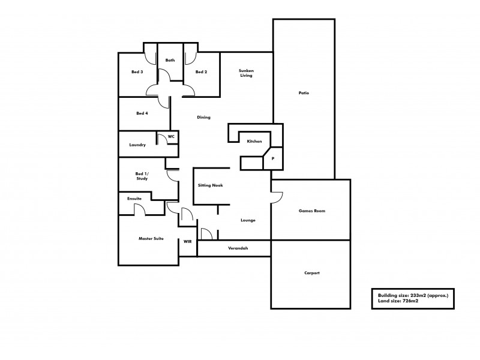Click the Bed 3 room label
tap(137, 72)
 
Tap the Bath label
tap(170, 60)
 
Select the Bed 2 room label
tap(202, 72)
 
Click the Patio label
tap(304, 93)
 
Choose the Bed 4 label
tap(142, 113)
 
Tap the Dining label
tap(203, 117)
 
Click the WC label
tap(171, 137)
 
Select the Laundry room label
tap(138, 145)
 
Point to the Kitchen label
tap(254, 141)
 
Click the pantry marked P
tap(273, 158)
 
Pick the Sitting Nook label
tap(211, 185)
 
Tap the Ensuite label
tap(134, 198)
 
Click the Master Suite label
tap(151, 239)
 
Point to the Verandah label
tap(238, 248)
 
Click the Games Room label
tap(312, 211)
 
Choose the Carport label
tap(312, 273)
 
